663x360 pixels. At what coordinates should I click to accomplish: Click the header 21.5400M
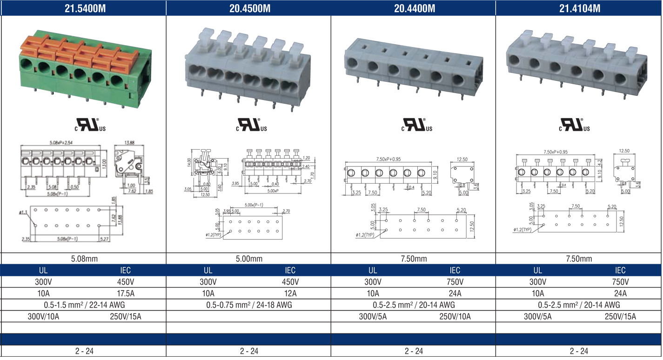pos(84,8)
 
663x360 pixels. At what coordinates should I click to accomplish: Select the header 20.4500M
pos(249,8)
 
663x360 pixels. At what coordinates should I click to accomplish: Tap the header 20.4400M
pos(414,8)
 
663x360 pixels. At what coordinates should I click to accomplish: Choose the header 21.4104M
pos(579,8)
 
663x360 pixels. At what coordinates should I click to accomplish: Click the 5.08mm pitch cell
pos(84,259)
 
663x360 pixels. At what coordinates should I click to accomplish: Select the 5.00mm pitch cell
pos(249,259)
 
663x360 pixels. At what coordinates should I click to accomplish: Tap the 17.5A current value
pos(125,293)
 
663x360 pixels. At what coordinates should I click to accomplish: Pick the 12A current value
pos(290,293)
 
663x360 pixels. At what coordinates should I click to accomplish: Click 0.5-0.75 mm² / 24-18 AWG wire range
pos(249,305)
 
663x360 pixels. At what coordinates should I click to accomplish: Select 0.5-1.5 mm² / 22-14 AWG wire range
pos(84,305)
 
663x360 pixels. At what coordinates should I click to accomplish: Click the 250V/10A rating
pos(455,317)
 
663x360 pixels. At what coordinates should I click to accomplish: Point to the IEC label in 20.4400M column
pos(455,270)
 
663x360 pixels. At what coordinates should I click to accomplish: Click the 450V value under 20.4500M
pos(290,282)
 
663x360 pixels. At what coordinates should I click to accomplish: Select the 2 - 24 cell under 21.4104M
pos(579,351)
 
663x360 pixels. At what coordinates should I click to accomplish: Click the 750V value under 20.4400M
pos(455,282)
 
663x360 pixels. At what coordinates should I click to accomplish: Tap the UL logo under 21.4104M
pos(574,124)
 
